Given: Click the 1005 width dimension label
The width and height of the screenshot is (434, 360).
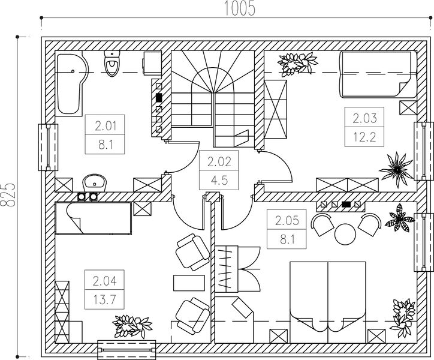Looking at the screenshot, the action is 239,8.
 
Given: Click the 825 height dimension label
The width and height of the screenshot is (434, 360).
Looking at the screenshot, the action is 7,194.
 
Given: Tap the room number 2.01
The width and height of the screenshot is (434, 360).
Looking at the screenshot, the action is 105,127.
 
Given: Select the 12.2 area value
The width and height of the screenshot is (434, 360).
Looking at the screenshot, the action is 364,137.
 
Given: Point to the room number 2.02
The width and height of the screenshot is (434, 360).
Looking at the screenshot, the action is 219,162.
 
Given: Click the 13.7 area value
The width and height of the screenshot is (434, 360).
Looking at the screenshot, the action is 104,299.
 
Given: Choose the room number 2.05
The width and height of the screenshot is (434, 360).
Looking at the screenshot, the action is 287,221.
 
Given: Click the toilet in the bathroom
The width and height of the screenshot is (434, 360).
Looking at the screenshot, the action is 112,64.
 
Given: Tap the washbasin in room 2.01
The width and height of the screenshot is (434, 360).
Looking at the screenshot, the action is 94,183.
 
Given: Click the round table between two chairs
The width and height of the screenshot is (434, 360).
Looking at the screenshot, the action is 345,234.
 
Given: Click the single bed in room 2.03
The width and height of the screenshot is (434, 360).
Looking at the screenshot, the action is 378,74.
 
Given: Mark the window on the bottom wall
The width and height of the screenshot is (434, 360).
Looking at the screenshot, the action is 126,350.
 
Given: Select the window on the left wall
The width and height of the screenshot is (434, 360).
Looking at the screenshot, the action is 48,147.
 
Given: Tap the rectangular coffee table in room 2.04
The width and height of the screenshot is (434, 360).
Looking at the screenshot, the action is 189,283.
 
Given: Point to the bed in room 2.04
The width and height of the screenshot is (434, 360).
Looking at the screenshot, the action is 94,218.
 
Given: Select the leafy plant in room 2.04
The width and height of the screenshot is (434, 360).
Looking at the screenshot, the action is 132,326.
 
